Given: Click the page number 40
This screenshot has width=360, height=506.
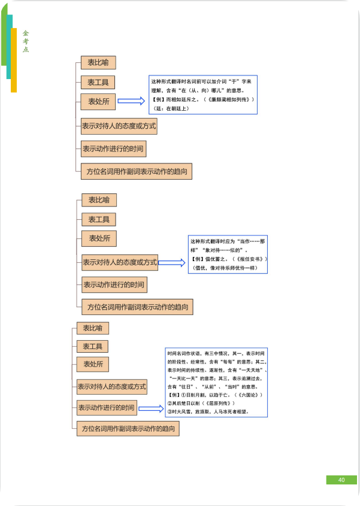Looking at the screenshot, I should [x=341, y=480].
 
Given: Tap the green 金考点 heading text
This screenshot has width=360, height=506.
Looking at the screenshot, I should [x=26, y=41].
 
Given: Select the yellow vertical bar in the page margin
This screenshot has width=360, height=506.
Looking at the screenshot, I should [x=14, y=60].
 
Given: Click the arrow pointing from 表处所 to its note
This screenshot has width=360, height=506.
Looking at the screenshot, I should [x=131, y=101].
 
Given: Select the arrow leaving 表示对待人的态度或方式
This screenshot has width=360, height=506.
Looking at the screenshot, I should [x=172, y=262].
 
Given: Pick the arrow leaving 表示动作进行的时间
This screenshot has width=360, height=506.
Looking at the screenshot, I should [x=150, y=408].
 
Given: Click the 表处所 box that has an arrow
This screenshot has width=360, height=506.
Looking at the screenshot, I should [x=99, y=102].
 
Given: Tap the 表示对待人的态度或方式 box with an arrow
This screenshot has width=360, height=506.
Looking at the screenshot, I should [x=120, y=262].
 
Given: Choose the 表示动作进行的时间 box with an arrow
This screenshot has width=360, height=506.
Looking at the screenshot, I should [x=106, y=408].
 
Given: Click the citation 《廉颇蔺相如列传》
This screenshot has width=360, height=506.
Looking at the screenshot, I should [x=229, y=99].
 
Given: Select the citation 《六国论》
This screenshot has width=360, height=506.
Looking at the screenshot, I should [x=240, y=396].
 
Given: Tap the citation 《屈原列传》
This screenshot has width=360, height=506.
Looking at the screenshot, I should [x=215, y=404].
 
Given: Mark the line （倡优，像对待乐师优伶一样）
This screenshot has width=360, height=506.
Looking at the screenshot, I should [x=223, y=267].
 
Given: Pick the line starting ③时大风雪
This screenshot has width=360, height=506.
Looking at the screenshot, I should [x=207, y=412].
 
